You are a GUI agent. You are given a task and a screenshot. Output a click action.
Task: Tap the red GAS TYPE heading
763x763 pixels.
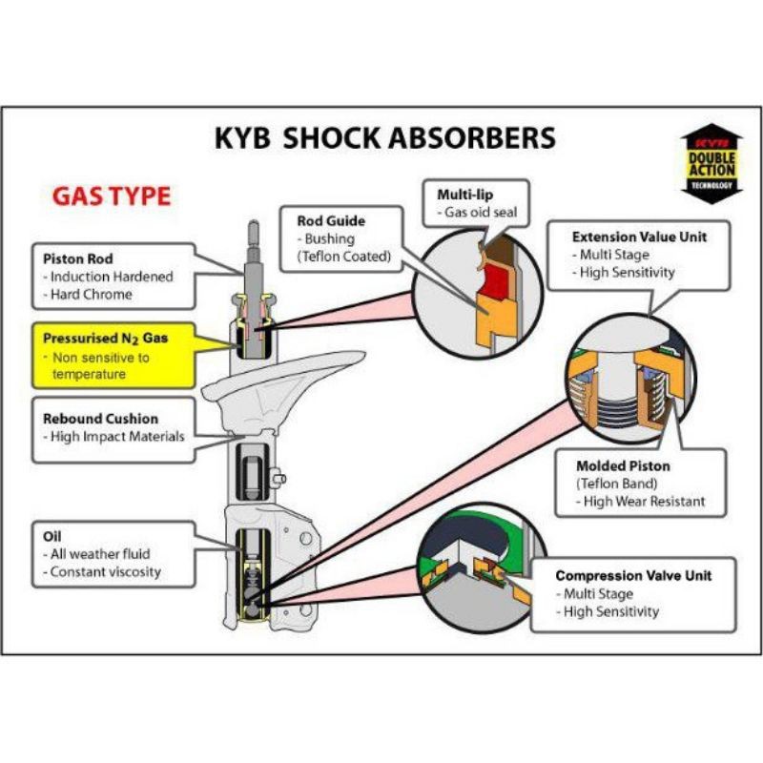[111, 196]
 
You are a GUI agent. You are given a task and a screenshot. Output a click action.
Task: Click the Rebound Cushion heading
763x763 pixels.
[100, 419]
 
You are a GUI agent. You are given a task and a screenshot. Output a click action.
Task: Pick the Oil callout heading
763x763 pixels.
[53, 535]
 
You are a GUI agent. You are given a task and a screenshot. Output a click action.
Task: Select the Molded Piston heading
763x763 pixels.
[623, 466]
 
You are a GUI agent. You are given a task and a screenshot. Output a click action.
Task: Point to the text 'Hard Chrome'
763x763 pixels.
[93, 295]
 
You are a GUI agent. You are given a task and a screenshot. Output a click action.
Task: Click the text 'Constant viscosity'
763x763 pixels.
[106, 572]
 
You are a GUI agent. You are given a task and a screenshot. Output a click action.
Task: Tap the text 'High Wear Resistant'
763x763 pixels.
[646, 502]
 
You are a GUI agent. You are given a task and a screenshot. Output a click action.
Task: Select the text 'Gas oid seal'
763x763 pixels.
[477, 212]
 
